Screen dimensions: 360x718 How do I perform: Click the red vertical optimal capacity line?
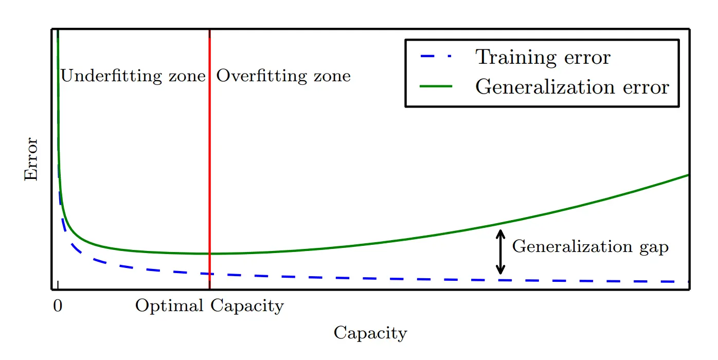click(x=210, y=154)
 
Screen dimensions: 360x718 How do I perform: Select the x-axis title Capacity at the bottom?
click(x=370, y=333)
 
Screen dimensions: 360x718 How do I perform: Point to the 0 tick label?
click(x=58, y=306)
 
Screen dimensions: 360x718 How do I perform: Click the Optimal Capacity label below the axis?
click(x=209, y=306)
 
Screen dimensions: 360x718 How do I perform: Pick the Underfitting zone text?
click(x=133, y=76)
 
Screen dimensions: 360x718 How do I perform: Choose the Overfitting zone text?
click(x=283, y=76)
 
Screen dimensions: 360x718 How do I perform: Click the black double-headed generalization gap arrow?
click(x=500, y=252)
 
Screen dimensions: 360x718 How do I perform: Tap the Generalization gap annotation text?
click(x=590, y=247)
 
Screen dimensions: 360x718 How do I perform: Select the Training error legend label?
click(x=543, y=57)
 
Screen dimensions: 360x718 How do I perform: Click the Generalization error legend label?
click(x=572, y=86)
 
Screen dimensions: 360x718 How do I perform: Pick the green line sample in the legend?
click(x=436, y=86)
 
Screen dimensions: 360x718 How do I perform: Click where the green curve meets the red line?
click(x=210, y=254)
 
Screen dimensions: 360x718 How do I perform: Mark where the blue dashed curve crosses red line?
click(x=210, y=274)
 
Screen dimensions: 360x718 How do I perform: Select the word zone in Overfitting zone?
click(x=333, y=76)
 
